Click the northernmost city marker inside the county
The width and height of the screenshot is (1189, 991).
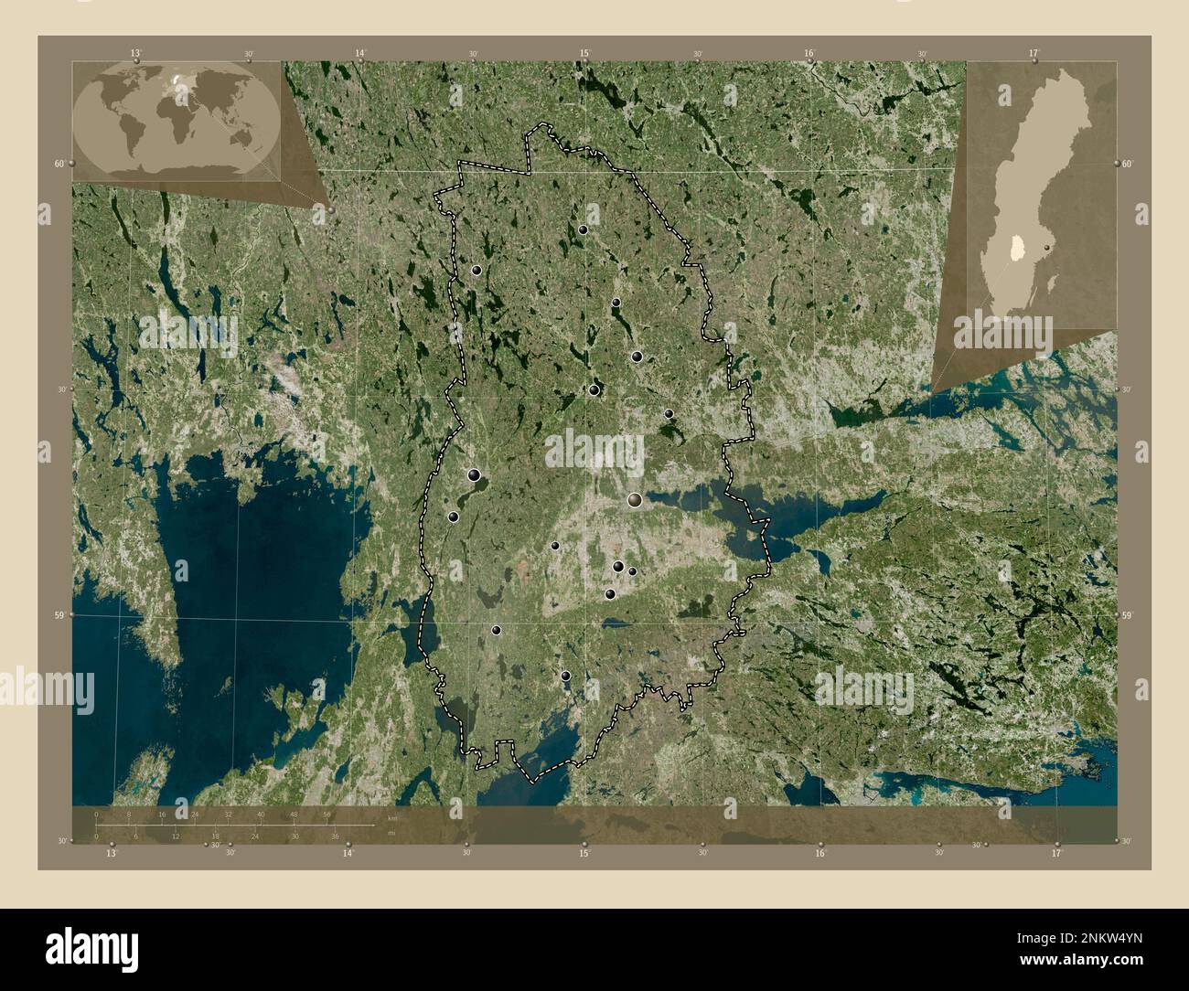(x=583, y=229)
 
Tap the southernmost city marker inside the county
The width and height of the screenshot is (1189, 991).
(x=565, y=677)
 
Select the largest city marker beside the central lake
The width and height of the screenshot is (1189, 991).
(x=635, y=500)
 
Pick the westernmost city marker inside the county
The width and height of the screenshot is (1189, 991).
(x=453, y=517)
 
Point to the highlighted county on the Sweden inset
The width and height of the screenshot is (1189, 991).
(x=1017, y=247)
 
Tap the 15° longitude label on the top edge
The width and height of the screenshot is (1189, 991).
(x=584, y=54)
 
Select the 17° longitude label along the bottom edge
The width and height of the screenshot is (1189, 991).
(x=1056, y=853)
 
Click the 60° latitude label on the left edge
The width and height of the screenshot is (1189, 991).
(x=59, y=164)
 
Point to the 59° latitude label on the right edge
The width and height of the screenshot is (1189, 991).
(x=1127, y=615)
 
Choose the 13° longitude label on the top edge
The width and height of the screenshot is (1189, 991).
(x=135, y=54)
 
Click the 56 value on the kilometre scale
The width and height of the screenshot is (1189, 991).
(x=327, y=814)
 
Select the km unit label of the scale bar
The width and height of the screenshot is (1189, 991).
(x=392, y=818)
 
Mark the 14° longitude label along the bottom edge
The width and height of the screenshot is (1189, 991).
(x=348, y=853)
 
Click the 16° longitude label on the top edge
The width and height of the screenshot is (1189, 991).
(x=809, y=54)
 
